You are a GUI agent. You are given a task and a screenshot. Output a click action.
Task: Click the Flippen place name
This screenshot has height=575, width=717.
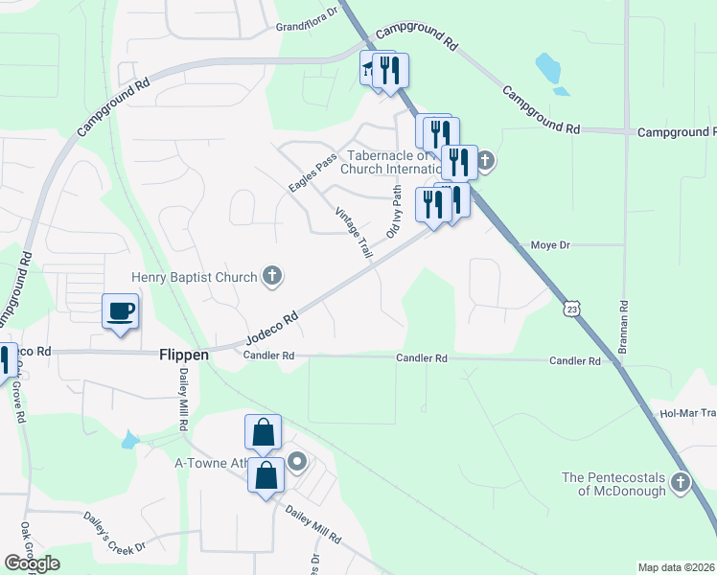182,355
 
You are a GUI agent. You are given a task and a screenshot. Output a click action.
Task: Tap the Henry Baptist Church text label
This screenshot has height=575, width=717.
195,278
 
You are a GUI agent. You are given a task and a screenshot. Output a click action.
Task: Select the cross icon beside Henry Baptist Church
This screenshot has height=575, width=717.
272,277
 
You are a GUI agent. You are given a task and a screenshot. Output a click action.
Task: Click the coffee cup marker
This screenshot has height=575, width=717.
120,312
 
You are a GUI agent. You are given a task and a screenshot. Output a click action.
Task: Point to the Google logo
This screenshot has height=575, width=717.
32,563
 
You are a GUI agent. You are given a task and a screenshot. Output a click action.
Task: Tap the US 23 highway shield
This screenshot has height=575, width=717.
572,309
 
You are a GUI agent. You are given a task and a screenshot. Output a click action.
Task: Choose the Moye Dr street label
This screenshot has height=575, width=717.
550,245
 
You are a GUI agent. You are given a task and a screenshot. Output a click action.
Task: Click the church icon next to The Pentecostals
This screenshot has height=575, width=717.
681,482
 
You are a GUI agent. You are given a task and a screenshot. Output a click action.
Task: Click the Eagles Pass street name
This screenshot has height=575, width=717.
312,170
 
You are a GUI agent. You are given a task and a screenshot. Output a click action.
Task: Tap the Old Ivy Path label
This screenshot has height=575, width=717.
393,213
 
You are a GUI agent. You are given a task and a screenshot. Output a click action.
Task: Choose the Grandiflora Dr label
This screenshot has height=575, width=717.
308,20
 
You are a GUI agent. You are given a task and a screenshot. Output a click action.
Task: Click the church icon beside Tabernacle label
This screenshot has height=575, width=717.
486,160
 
